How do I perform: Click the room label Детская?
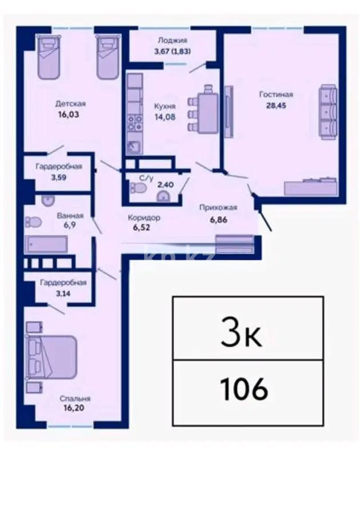click(x=70, y=103)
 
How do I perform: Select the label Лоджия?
click(x=172, y=41)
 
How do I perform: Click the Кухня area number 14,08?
click(x=165, y=118)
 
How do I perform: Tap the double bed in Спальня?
click(x=51, y=357)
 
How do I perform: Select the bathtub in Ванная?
click(x=46, y=244)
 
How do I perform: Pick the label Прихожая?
click(x=218, y=208)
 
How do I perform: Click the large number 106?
click(x=243, y=389)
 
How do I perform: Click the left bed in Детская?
click(x=49, y=57)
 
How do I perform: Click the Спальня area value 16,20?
click(x=77, y=409)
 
